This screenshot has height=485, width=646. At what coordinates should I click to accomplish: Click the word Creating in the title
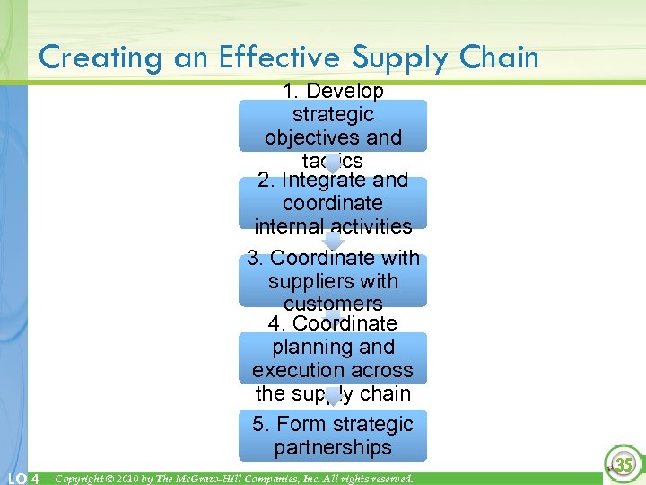98,57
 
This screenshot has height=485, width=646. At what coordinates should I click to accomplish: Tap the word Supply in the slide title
400,57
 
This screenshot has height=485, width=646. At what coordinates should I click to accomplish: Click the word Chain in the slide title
501,57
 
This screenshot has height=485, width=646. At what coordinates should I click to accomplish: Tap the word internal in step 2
290,226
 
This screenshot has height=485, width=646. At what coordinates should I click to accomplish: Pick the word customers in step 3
333,304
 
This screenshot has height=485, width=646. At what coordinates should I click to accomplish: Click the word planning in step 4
333,347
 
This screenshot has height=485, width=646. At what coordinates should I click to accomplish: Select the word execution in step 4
293,370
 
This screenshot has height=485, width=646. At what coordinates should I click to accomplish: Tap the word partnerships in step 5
333,447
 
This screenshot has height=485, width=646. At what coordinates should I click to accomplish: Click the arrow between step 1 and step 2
333,164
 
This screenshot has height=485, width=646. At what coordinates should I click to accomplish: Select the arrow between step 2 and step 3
333,242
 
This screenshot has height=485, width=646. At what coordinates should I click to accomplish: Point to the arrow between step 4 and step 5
333,397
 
